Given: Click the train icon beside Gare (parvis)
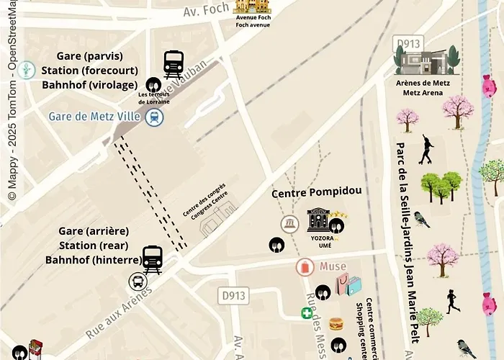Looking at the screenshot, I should point(174,64).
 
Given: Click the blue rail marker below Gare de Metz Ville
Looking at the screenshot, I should point(153,117).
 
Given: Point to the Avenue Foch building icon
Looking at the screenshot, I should point(252,6).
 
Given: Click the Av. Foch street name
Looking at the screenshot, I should point(205,11).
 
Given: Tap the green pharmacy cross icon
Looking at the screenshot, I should point(307,313).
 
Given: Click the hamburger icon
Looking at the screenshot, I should point(336,323).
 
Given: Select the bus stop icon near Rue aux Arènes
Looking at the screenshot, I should point(137,282).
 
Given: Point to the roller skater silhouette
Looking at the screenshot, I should point(426,148).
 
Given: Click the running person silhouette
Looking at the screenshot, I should point(453,301).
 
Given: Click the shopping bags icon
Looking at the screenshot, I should point(352,287).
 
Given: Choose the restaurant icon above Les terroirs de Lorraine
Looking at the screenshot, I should point(153,84).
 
